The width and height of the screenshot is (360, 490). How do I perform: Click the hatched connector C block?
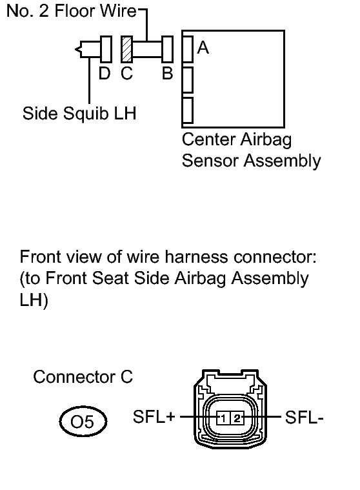pyautogui.click(x=126, y=49)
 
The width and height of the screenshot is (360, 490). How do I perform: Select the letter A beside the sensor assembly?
pyautogui.click(x=203, y=48)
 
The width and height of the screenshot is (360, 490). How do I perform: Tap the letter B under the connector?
pyautogui.click(x=167, y=74)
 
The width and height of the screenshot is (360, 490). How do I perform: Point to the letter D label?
pyautogui.click(x=105, y=74)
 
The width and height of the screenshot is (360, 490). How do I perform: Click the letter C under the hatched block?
pyautogui.click(x=126, y=74)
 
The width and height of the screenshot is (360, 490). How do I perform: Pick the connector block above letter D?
pyautogui.click(x=106, y=49)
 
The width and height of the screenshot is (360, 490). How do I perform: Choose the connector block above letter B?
pyautogui.click(x=167, y=49)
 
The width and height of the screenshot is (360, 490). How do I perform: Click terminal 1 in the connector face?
pyautogui.click(x=223, y=418)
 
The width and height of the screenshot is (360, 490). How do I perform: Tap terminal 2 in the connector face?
pyautogui.click(x=237, y=418)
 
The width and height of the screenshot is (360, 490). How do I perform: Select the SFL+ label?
pyautogui.click(x=154, y=416)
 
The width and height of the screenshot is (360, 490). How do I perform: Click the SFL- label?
pyautogui.click(x=304, y=418)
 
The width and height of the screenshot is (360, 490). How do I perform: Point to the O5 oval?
pyautogui.click(x=83, y=422)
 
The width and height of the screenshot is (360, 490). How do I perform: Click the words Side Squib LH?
pyautogui.click(x=79, y=114)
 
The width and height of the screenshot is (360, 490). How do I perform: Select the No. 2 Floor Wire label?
pyautogui.click(x=72, y=11)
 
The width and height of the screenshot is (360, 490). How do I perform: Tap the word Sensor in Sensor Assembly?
pyautogui.click(x=210, y=161)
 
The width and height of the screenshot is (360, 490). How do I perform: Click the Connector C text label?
pyautogui.click(x=83, y=377)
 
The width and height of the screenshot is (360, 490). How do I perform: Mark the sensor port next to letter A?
pyautogui.click(x=187, y=49)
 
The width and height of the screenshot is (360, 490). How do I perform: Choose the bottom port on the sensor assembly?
pyautogui.click(x=187, y=110)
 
